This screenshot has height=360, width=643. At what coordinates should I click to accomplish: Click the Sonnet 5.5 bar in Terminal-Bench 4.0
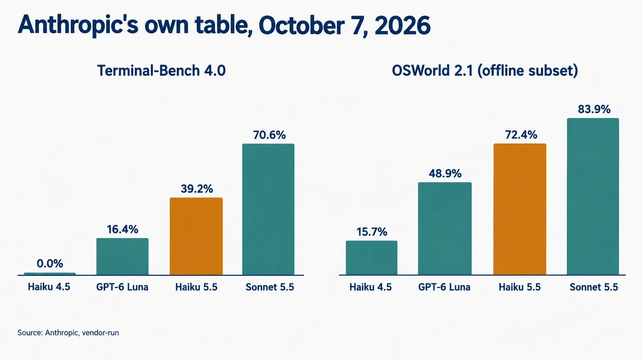(x=268, y=209)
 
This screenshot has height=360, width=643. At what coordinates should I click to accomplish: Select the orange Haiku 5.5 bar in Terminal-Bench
(x=196, y=236)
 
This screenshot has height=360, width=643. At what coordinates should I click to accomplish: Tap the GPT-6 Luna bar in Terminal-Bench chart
(x=122, y=256)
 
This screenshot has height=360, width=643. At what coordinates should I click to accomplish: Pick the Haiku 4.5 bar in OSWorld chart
(x=371, y=258)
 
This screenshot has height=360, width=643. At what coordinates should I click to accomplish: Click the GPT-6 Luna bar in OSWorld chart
(x=444, y=229)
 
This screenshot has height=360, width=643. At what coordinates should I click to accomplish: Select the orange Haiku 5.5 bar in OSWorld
(x=520, y=209)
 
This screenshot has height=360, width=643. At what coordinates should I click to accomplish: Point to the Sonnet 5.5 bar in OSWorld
(x=593, y=196)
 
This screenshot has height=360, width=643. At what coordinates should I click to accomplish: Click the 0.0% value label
(x=50, y=264)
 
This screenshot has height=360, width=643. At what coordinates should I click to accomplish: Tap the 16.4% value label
(x=123, y=229)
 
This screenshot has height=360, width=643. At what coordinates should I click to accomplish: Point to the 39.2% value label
(x=197, y=189)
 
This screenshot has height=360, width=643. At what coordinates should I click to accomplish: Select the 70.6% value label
(x=269, y=135)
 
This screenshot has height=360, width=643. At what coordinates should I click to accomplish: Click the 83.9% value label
(x=594, y=109)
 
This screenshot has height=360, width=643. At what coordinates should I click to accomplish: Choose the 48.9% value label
(x=445, y=174)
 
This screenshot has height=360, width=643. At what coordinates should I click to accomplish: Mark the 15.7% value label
(x=372, y=232)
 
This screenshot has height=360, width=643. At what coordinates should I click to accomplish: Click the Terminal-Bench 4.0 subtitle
(x=161, y=71)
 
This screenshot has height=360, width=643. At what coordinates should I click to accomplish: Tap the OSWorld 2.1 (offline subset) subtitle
(x=485, y=71)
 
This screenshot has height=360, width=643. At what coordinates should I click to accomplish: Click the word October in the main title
(x=301, y=25)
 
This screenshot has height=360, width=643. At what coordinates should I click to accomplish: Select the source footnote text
(x=68, y=333)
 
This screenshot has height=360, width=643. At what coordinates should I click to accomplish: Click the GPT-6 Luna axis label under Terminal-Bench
(x=122, y=287)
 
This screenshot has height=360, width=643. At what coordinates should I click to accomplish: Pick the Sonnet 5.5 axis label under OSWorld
(x=594, y=287)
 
